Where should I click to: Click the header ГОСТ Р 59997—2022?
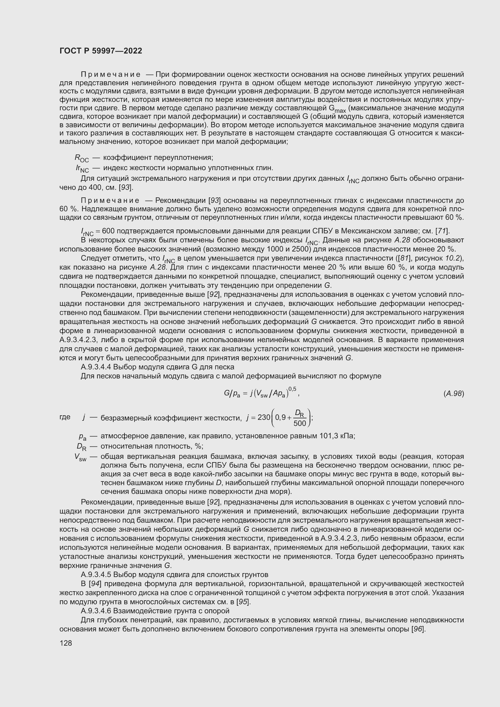(101, 51)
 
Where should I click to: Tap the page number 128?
(66, 643)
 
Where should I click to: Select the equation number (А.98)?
(453, 394)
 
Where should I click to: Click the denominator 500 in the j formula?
(299, 423)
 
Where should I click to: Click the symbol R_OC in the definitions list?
(82, 159)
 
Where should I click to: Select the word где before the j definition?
(65, 417)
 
